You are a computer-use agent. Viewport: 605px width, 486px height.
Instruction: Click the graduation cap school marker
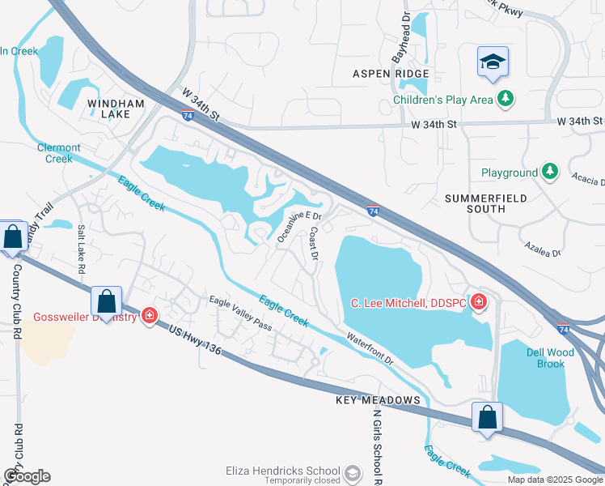(x=492, y=62)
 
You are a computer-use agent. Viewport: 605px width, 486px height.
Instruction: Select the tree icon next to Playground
(x=550, y=172)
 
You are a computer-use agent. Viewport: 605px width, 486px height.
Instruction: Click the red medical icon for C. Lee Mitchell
(x=480, y=303)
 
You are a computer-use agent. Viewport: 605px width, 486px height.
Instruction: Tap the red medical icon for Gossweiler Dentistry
(x=149, y=315)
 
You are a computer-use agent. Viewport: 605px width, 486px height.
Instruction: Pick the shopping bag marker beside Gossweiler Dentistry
(x=107, y=301)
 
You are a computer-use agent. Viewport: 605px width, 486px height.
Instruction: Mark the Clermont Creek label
(x=59, y=153)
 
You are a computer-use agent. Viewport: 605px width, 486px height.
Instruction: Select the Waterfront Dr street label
(x=370, y=348)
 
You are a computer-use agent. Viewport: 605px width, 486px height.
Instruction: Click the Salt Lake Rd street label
(x=81, y=251)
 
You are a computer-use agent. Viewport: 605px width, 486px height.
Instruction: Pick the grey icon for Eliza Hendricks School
(x=352, y=471)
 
